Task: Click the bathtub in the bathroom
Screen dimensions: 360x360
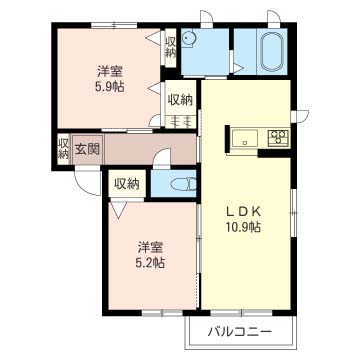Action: point(272,52)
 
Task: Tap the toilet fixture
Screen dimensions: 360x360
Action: point(183,184)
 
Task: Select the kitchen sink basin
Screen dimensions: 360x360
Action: point(245,138)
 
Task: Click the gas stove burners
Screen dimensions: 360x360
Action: point(278,138)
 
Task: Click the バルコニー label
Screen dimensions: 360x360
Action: point(240,332)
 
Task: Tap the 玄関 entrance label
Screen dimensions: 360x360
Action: point(87,149)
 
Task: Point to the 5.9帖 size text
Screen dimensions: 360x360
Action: point(110,87)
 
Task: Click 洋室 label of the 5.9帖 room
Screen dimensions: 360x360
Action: point(110,71)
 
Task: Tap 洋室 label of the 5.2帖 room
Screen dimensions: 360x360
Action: point(151,248)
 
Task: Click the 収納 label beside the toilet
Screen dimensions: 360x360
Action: point(127,184)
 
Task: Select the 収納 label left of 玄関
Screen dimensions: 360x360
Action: point(63,149)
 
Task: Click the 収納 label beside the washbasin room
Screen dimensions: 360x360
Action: point(170,47)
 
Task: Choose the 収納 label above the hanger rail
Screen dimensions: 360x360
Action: point(180,100)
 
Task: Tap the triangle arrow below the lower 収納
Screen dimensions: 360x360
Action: point(118,210)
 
